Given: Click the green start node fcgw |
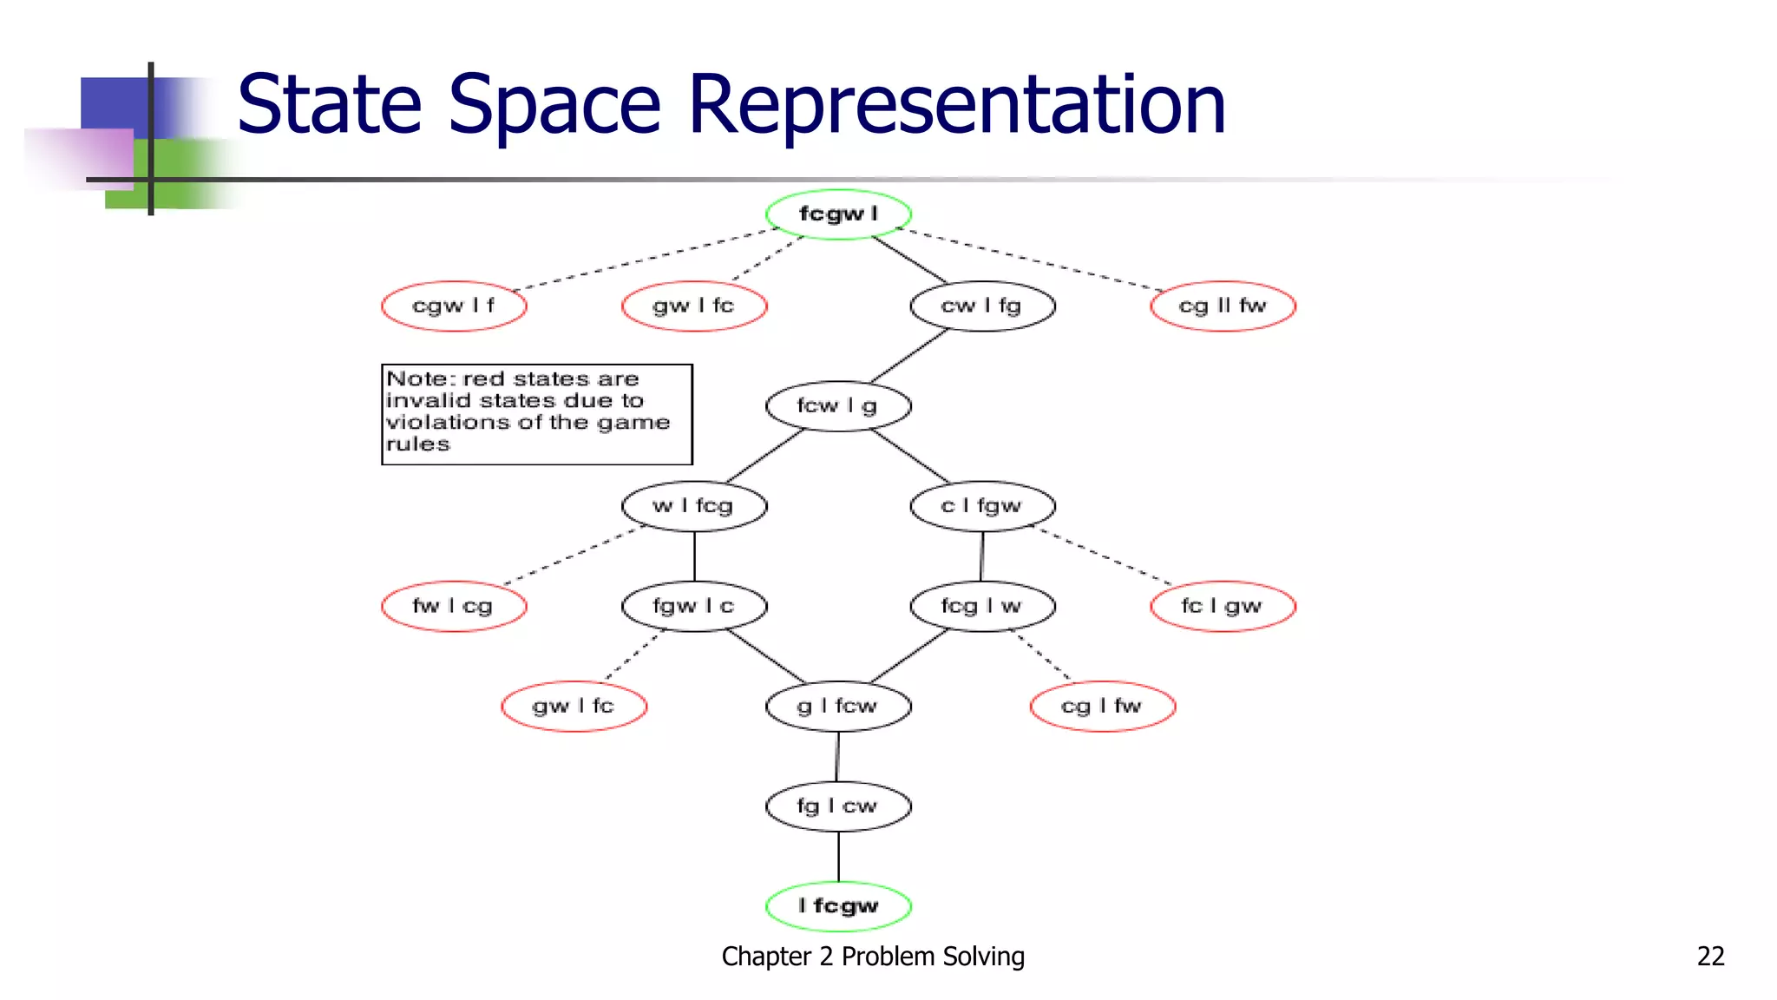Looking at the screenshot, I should tap(838, 214).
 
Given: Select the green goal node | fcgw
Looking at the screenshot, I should tap(838, 906).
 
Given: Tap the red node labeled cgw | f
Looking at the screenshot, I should tap(454, 306).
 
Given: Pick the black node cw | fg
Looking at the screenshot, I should tap(982, 306).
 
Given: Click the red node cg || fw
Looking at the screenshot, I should tap(1223, 306).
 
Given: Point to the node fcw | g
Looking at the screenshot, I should tap(838, 405).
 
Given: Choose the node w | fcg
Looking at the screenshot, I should tap(694, 505).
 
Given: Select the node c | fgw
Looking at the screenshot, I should tap(982, 505).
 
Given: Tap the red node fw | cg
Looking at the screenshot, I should tap(454, 606).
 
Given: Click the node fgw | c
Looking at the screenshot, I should tap(694, 606).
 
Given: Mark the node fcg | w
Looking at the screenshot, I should tap(982, 606).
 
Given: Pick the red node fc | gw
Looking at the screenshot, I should tap(1223, 606).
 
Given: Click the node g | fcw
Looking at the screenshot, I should tap(838, 706).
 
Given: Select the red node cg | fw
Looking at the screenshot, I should tap(1102, 706).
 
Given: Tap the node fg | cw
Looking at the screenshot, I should tap(838, 806).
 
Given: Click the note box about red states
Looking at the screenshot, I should tap(536, 414).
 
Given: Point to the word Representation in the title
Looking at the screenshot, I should tap(956, 104).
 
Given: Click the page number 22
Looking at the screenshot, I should tap(1710, 956).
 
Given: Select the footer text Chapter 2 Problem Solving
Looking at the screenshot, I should tap(872, 956).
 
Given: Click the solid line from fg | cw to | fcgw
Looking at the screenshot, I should tap(838, 857).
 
